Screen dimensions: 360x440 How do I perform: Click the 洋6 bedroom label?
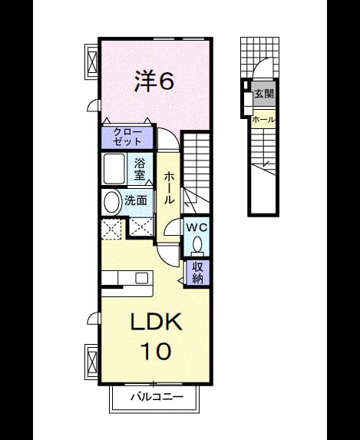154,81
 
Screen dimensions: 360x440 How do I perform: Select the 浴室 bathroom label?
139,169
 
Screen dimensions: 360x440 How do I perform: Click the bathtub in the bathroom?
114,169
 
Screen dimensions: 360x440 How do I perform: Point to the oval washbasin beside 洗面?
111,202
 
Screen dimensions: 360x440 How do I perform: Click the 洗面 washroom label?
136,200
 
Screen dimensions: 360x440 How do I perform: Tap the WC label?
197,227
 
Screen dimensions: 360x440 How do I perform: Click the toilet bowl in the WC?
197,243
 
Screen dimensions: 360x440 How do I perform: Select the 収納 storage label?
197,272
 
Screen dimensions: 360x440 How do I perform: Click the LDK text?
157,322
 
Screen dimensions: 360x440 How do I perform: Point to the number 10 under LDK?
156,351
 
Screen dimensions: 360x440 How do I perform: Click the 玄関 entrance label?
264,94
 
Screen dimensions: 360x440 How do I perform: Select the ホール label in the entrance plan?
263,120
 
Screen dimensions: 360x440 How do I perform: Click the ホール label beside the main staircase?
169,188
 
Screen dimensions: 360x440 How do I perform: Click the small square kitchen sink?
141,278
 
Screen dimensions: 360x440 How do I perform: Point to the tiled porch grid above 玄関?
259,57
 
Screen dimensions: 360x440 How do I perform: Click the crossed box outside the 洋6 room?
91,61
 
